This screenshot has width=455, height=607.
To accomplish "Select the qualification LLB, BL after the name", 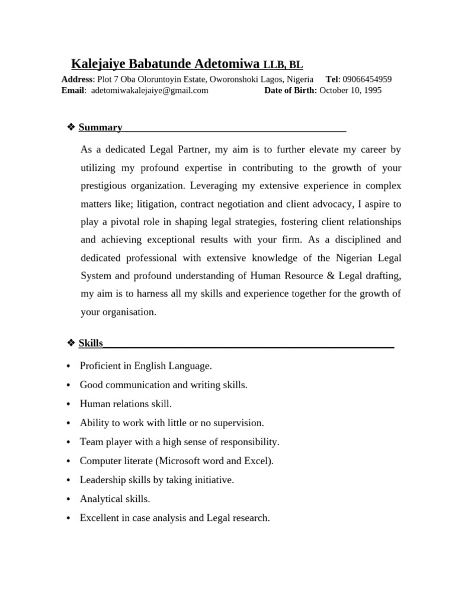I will coord(283,65).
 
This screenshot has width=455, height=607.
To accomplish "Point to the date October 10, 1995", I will coord(351,91).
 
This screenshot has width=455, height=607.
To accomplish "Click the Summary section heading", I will coord(100,127).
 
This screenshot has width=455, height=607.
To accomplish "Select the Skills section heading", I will coord(91,343).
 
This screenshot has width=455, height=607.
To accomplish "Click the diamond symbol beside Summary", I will coord(71,127).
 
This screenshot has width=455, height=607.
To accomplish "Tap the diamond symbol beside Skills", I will coord(71,343).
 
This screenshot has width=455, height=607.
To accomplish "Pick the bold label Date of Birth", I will coord(290,91).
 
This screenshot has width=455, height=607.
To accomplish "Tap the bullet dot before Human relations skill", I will coord(69,404).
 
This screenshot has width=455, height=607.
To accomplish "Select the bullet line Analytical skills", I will coord(115,499).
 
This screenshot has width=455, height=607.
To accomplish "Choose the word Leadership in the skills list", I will coord(101,480).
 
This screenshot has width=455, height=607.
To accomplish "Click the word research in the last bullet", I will coord(251,518).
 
